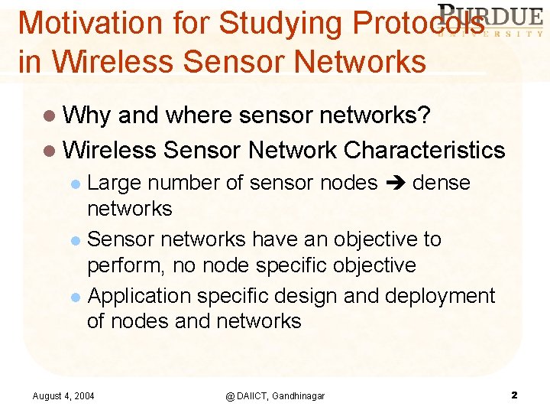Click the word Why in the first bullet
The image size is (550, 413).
pos(87,115)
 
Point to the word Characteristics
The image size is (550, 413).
pos(425,149)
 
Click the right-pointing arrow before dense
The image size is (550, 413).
pos(395,184)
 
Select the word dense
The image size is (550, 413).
pos(441,183)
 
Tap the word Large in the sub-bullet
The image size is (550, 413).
pos(115,183)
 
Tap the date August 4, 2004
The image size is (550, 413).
pos(63,395)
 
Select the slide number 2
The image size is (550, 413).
pos(514,395)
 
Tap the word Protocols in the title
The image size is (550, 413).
pos(418,23)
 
